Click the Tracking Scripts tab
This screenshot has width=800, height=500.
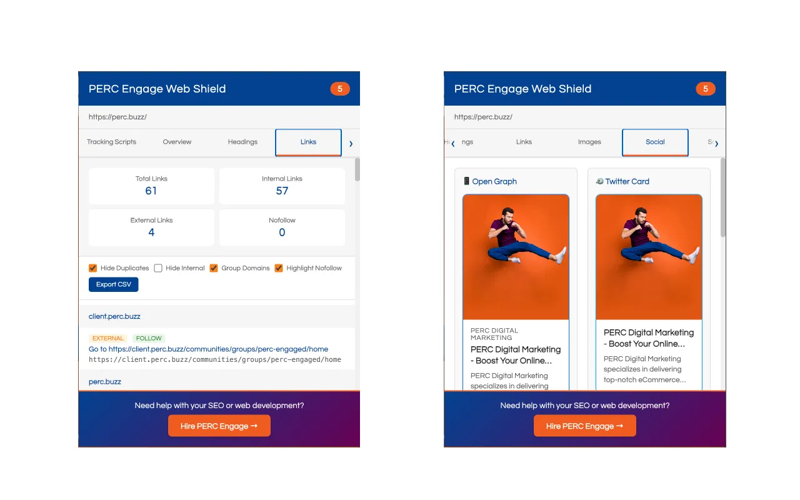tap(111, 142)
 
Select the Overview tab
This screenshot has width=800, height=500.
tap(177, 142)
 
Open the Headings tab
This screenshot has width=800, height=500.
tap(242, 142)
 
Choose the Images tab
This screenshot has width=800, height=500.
tap(589, 142)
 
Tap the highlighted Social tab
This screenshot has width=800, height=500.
tap(655, 142)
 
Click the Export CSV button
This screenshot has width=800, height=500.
tap(114, 284)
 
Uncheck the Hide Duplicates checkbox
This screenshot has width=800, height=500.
tap(93, 268)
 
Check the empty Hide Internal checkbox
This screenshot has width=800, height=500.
tap(158, 268)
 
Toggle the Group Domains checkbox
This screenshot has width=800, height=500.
tap(214, 268)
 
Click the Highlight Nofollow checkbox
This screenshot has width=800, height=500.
tap(279, 268)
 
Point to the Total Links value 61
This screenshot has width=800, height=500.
tap(151, 191)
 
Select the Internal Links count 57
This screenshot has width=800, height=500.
tap(282, 191)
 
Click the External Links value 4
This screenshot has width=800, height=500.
tap(151, 232)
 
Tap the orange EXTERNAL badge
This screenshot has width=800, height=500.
tap(108, 338)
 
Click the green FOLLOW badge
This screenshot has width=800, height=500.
tap(149, 338)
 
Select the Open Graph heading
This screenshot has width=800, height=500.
tap(494, 181)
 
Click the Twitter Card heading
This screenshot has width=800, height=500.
tap(627, 181)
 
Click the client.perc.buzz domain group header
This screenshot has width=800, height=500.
tap(114, 316)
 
